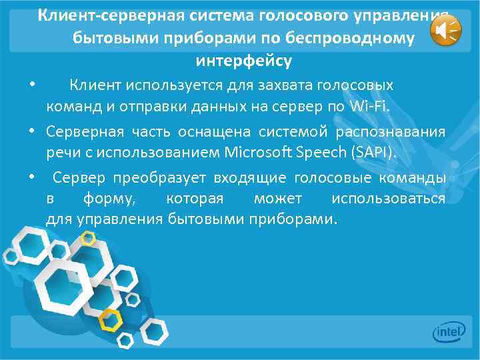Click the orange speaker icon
pos(445,31)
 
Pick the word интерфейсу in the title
pos(243,61)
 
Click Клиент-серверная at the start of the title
pos(99,15)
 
